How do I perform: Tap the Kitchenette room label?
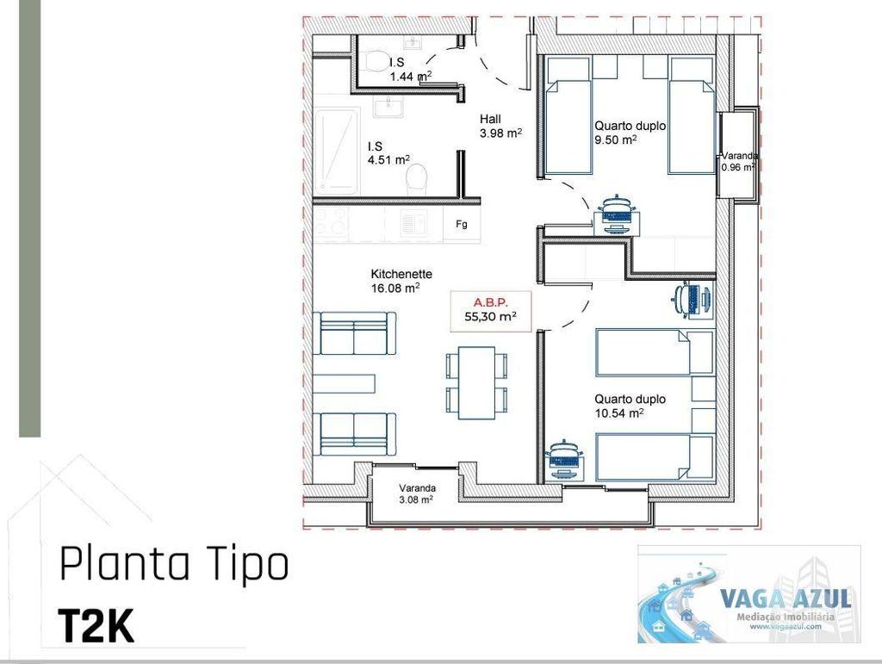401,281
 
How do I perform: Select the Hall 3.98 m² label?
500,126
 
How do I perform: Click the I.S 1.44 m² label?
410,70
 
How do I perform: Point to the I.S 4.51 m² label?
388,152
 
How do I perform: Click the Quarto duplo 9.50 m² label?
630,132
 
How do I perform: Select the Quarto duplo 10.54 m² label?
630,406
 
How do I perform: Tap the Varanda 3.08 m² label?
416,492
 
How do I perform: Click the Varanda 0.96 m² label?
739,161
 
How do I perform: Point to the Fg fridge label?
462,225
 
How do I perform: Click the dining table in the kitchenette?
476,382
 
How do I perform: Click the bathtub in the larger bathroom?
337,151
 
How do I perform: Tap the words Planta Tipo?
173,567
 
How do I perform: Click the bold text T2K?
96,626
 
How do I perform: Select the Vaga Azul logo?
748,594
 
